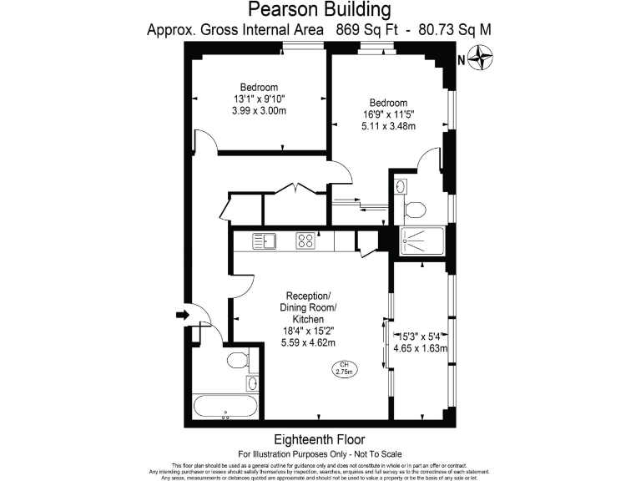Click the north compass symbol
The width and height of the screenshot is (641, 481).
pyautogui.click(x=482, y=59)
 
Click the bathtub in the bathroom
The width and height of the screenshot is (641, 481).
pyautogui.click(x=226, y=407)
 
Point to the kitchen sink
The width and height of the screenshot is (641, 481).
pyautogui.click(x=266, y=240)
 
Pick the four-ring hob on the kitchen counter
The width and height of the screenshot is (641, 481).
pyautogui.click(x=305, y=240)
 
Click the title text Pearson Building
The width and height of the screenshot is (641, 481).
pyautogui.click(x=320, y=10)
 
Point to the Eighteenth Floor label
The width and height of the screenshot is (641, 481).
pyautogui.click(x=320, y=439)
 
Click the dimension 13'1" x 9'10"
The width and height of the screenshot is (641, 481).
pyautogui.click(x=259, y=99)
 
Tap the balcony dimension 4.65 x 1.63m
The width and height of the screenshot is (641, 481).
pyautogui.click(x=421, y=349)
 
